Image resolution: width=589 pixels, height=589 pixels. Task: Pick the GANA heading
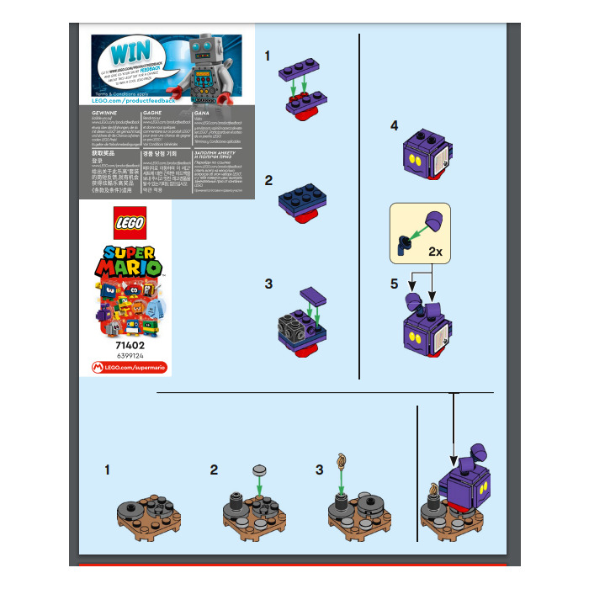202,111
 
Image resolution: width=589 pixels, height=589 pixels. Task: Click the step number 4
394,125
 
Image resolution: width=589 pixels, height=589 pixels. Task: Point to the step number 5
394,284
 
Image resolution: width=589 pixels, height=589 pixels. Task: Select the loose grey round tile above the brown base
259,469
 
